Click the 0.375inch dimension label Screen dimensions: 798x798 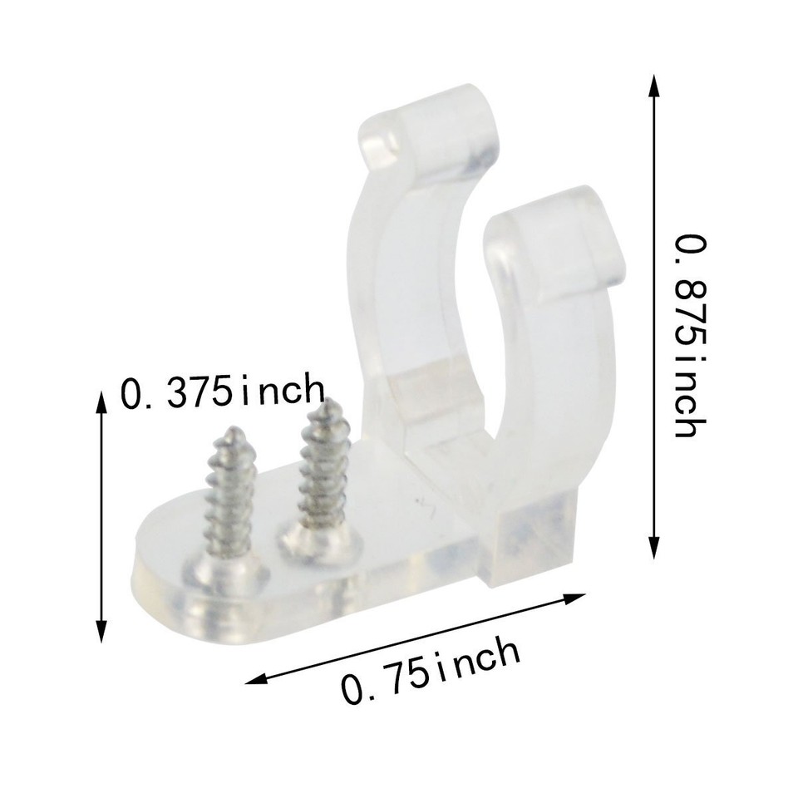pos(223,391)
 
